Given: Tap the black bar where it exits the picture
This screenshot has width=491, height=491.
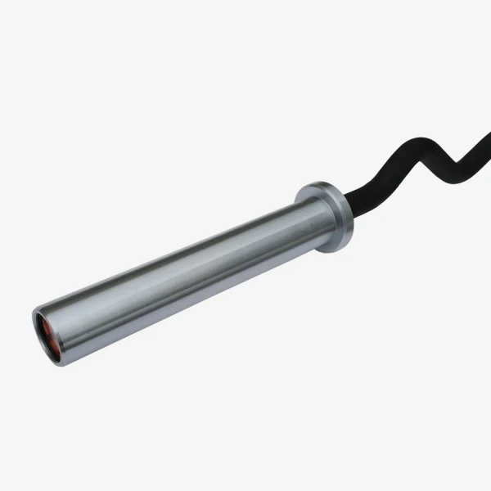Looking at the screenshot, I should pyautogui.click(x=488, y=134).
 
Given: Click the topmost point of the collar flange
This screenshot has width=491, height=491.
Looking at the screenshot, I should pyautogui.click(x=316, y=183).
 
